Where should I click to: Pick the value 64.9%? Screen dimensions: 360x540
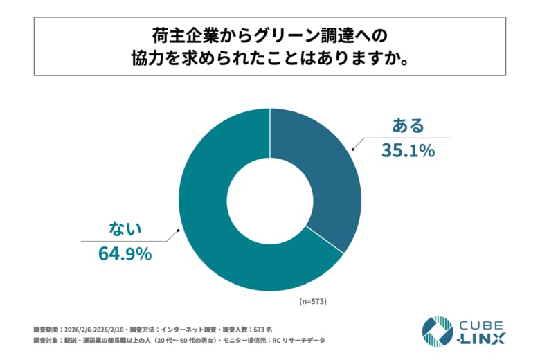coord(125,254)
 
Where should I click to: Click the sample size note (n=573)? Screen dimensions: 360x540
coord(312,302)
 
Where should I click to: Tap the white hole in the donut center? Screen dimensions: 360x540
coord(270,200)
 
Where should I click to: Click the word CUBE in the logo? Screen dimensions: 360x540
coord(483,325)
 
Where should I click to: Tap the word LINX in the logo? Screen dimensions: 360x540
coord(485,339)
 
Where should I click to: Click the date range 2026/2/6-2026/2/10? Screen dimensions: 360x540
coord(100,329)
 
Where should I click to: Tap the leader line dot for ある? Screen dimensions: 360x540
coord(352,147)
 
